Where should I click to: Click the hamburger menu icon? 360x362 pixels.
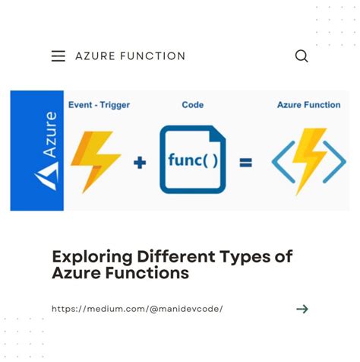point(58,56)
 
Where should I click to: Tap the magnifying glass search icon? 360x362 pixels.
point(302,56)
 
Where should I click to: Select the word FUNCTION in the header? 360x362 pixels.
point(153,56)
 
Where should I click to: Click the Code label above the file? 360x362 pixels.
point(192,104)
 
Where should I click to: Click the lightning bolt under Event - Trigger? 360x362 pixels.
point(96,158)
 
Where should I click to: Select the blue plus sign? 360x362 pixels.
point(140,162)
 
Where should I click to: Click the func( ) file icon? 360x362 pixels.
point(193,160)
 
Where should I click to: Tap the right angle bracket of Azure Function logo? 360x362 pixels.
point(336,161)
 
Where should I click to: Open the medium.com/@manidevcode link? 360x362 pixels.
point(137,309)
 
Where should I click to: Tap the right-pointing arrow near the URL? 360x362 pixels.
point(302,309)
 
